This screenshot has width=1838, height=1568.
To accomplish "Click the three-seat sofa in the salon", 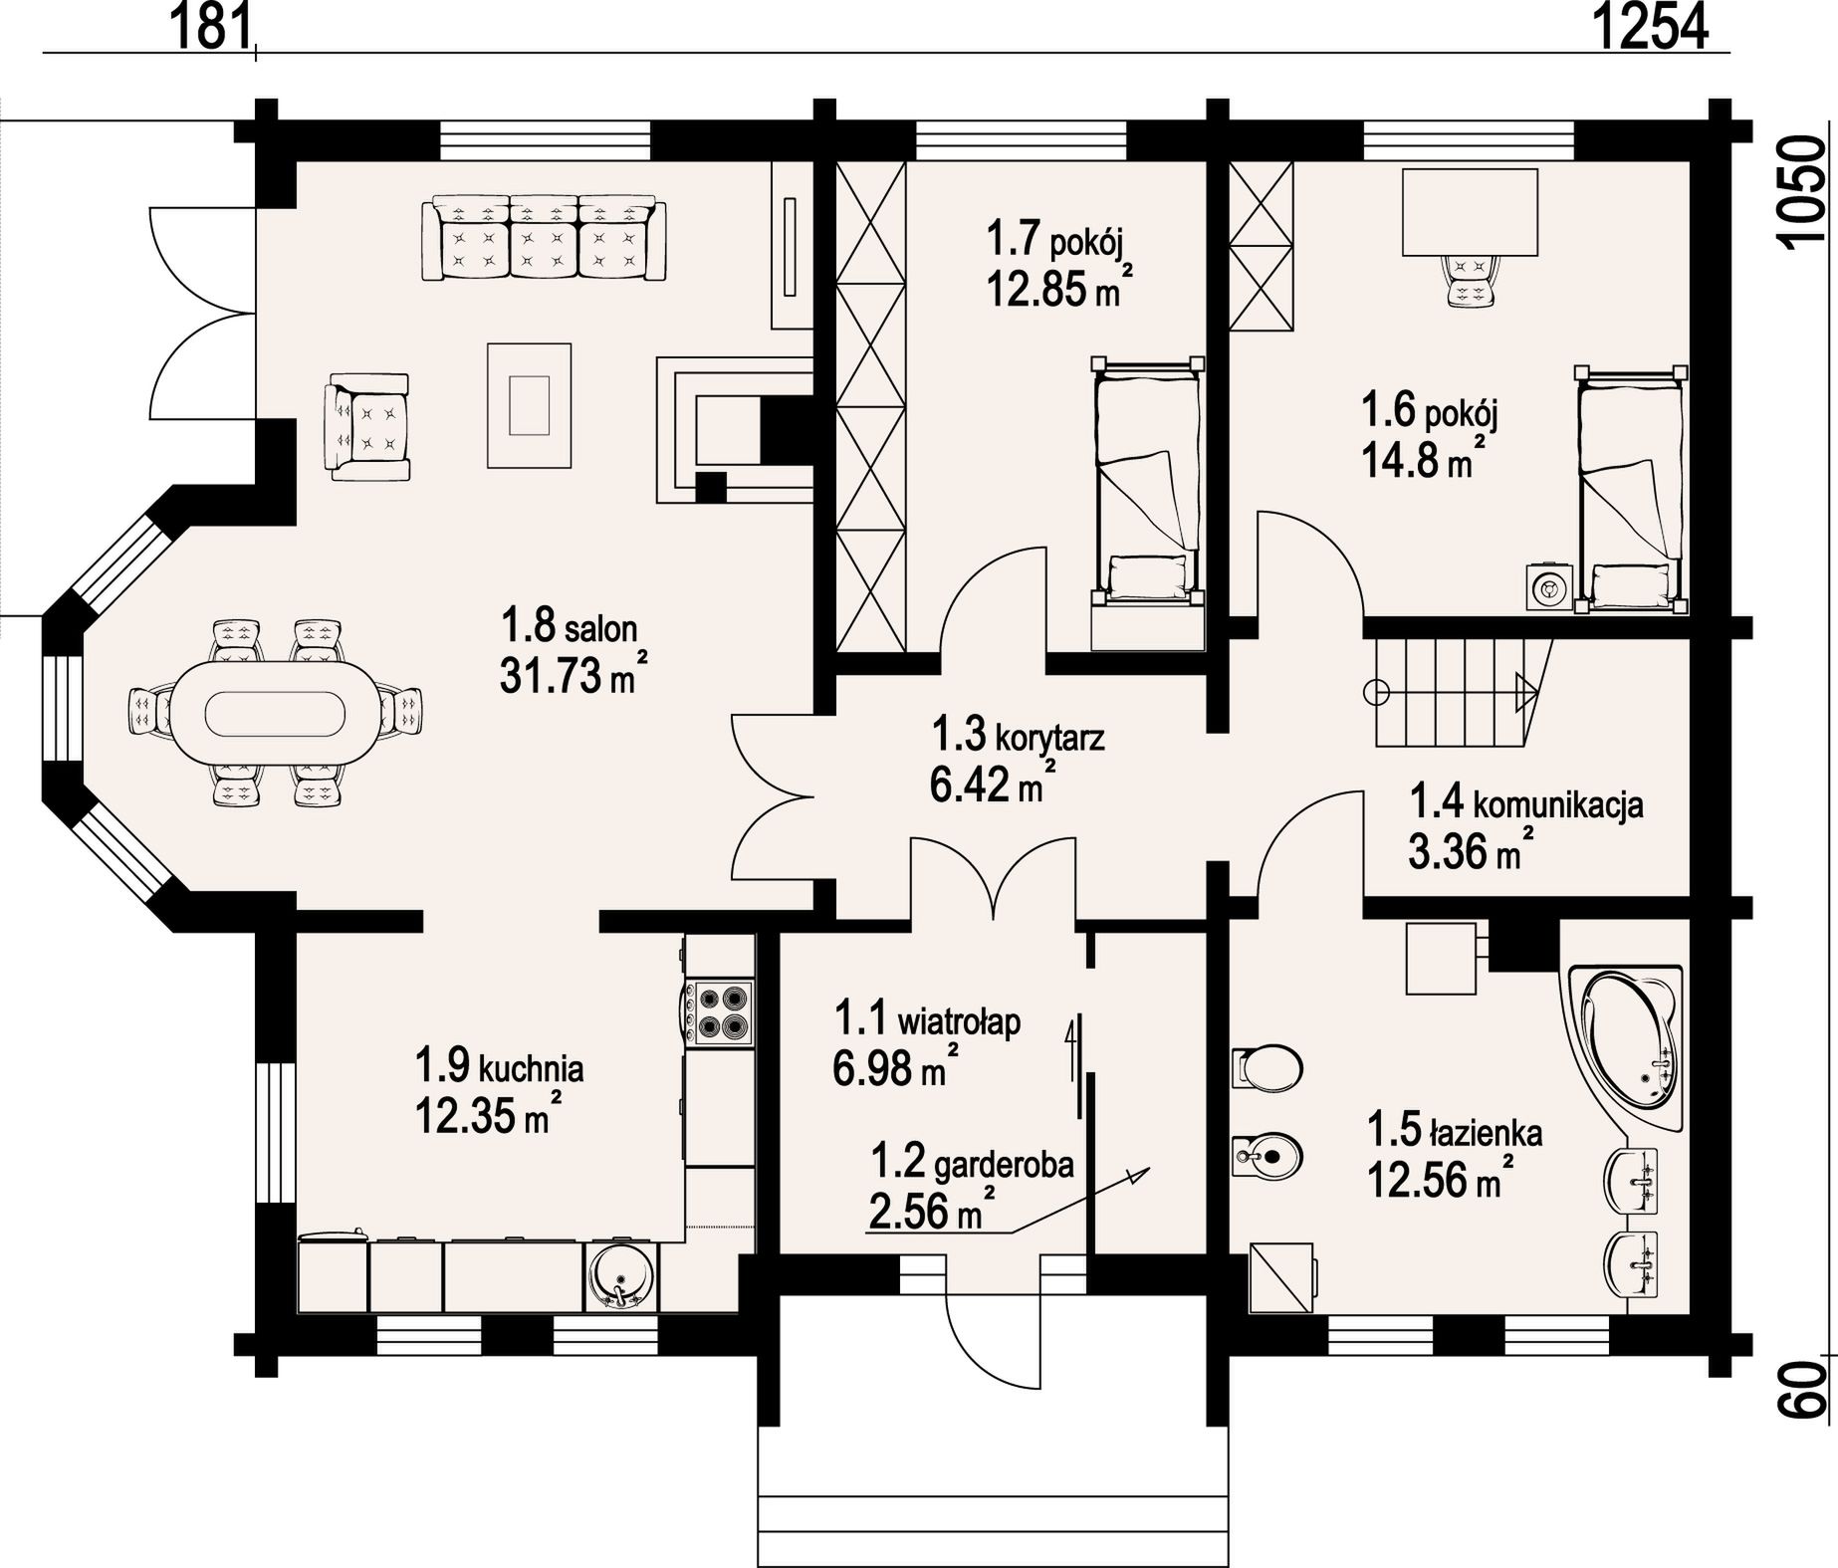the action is click(544, 240).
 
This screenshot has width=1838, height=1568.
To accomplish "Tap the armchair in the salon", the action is click(367, 427).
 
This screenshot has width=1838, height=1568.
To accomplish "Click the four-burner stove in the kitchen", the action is click(718, 1011).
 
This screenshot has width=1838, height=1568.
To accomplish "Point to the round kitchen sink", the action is click(621, 1277).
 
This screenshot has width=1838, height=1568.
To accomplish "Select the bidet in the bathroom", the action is click(1265, 1155).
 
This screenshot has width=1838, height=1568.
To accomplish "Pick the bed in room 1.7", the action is click(1147, 482).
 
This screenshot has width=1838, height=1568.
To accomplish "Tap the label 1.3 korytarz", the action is click(1018, 737).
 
